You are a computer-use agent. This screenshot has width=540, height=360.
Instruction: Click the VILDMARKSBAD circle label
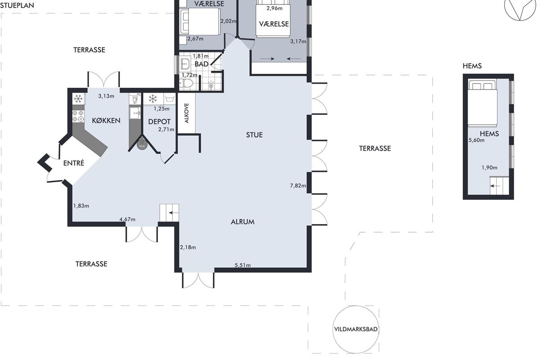pos(355,329)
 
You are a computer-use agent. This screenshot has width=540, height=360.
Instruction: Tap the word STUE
pos(254,135)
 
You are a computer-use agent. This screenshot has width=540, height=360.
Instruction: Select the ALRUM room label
pos(243,222)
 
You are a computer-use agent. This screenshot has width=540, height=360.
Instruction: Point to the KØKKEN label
pos(106,121)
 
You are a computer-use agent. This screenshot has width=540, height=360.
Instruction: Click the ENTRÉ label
pos(74,163)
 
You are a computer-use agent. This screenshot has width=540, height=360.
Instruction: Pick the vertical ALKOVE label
pos(187,113)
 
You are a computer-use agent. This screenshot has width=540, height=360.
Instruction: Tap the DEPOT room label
pos(159,122)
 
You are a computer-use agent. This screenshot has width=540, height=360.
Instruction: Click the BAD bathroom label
pos(202,64)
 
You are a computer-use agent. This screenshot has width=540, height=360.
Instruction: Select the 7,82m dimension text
pos(298,185)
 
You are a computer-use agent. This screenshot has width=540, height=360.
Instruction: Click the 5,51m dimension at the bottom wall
pos(243,265)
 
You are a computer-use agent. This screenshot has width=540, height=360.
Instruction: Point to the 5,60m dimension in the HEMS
pos(477,140)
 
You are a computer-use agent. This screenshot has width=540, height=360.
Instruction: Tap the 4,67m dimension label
pos(127,219)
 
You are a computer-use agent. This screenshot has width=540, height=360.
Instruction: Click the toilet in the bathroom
pos(186,84)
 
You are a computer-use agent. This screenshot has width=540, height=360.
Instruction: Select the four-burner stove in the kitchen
pos(78,116)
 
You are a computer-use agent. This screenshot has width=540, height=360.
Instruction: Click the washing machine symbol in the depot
pos(170,99)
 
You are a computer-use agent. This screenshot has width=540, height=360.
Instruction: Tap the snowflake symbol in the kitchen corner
pos(78,99)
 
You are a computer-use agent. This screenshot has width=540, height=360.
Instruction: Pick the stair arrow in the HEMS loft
pos(495,186)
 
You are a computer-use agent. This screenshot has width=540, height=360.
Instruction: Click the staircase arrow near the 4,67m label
pos(174,213)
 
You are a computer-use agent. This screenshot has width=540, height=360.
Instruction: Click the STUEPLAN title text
pos(17,5)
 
